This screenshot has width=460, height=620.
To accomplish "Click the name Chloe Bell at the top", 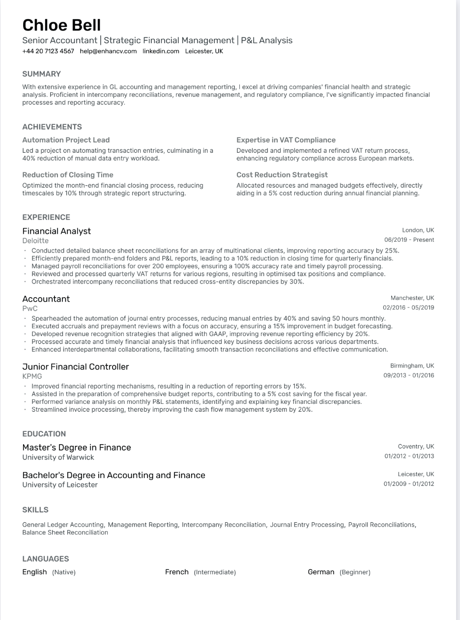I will tap(61, 25).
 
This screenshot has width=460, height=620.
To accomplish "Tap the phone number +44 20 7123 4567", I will tap(48, 51).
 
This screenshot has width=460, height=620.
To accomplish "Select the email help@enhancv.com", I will tap(108, 51).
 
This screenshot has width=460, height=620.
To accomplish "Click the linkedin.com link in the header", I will tap(161, 51).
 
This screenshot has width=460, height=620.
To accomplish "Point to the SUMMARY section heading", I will tap(41, 74).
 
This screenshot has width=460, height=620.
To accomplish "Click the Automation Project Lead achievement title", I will tap(66, 140).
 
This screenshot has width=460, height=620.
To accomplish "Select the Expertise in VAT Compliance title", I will tap(286, 140).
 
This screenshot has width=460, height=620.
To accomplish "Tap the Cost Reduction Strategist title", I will tap(282, 175).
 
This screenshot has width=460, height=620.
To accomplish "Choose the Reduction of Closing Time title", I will tap(67, 175).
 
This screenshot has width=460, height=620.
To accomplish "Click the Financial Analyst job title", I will tap(57, 231).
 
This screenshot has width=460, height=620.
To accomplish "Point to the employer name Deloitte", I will tap(35, 241).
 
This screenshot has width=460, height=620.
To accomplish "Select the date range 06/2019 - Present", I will tap(409, 240).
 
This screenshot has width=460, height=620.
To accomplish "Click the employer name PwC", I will tap(29, 309).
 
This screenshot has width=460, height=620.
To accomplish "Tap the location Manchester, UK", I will tap(412, 298).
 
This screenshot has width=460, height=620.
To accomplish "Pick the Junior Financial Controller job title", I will tap(75, 366).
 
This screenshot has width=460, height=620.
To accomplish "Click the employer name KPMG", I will tap(32, 376).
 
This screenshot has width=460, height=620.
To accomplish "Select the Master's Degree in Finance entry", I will tap(77, 448).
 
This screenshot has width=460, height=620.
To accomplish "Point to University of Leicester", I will tap(60, 485).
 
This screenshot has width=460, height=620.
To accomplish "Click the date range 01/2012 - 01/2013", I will tap(409, 456).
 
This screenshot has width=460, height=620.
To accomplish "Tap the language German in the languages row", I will tap(321, 572).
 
